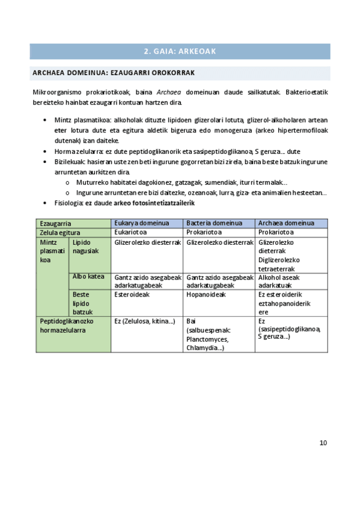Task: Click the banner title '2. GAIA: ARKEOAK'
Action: point(180,51)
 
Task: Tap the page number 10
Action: point(323,443)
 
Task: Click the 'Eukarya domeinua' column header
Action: point(141,223)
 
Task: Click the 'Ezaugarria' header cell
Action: point(55,223)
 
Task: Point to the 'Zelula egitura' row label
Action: point(60,232)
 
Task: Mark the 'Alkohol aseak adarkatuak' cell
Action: point(279,281)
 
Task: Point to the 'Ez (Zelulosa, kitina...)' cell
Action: point(144,321)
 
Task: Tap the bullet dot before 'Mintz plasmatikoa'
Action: point(46,120)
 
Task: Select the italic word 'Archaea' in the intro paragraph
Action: point(169,93)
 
